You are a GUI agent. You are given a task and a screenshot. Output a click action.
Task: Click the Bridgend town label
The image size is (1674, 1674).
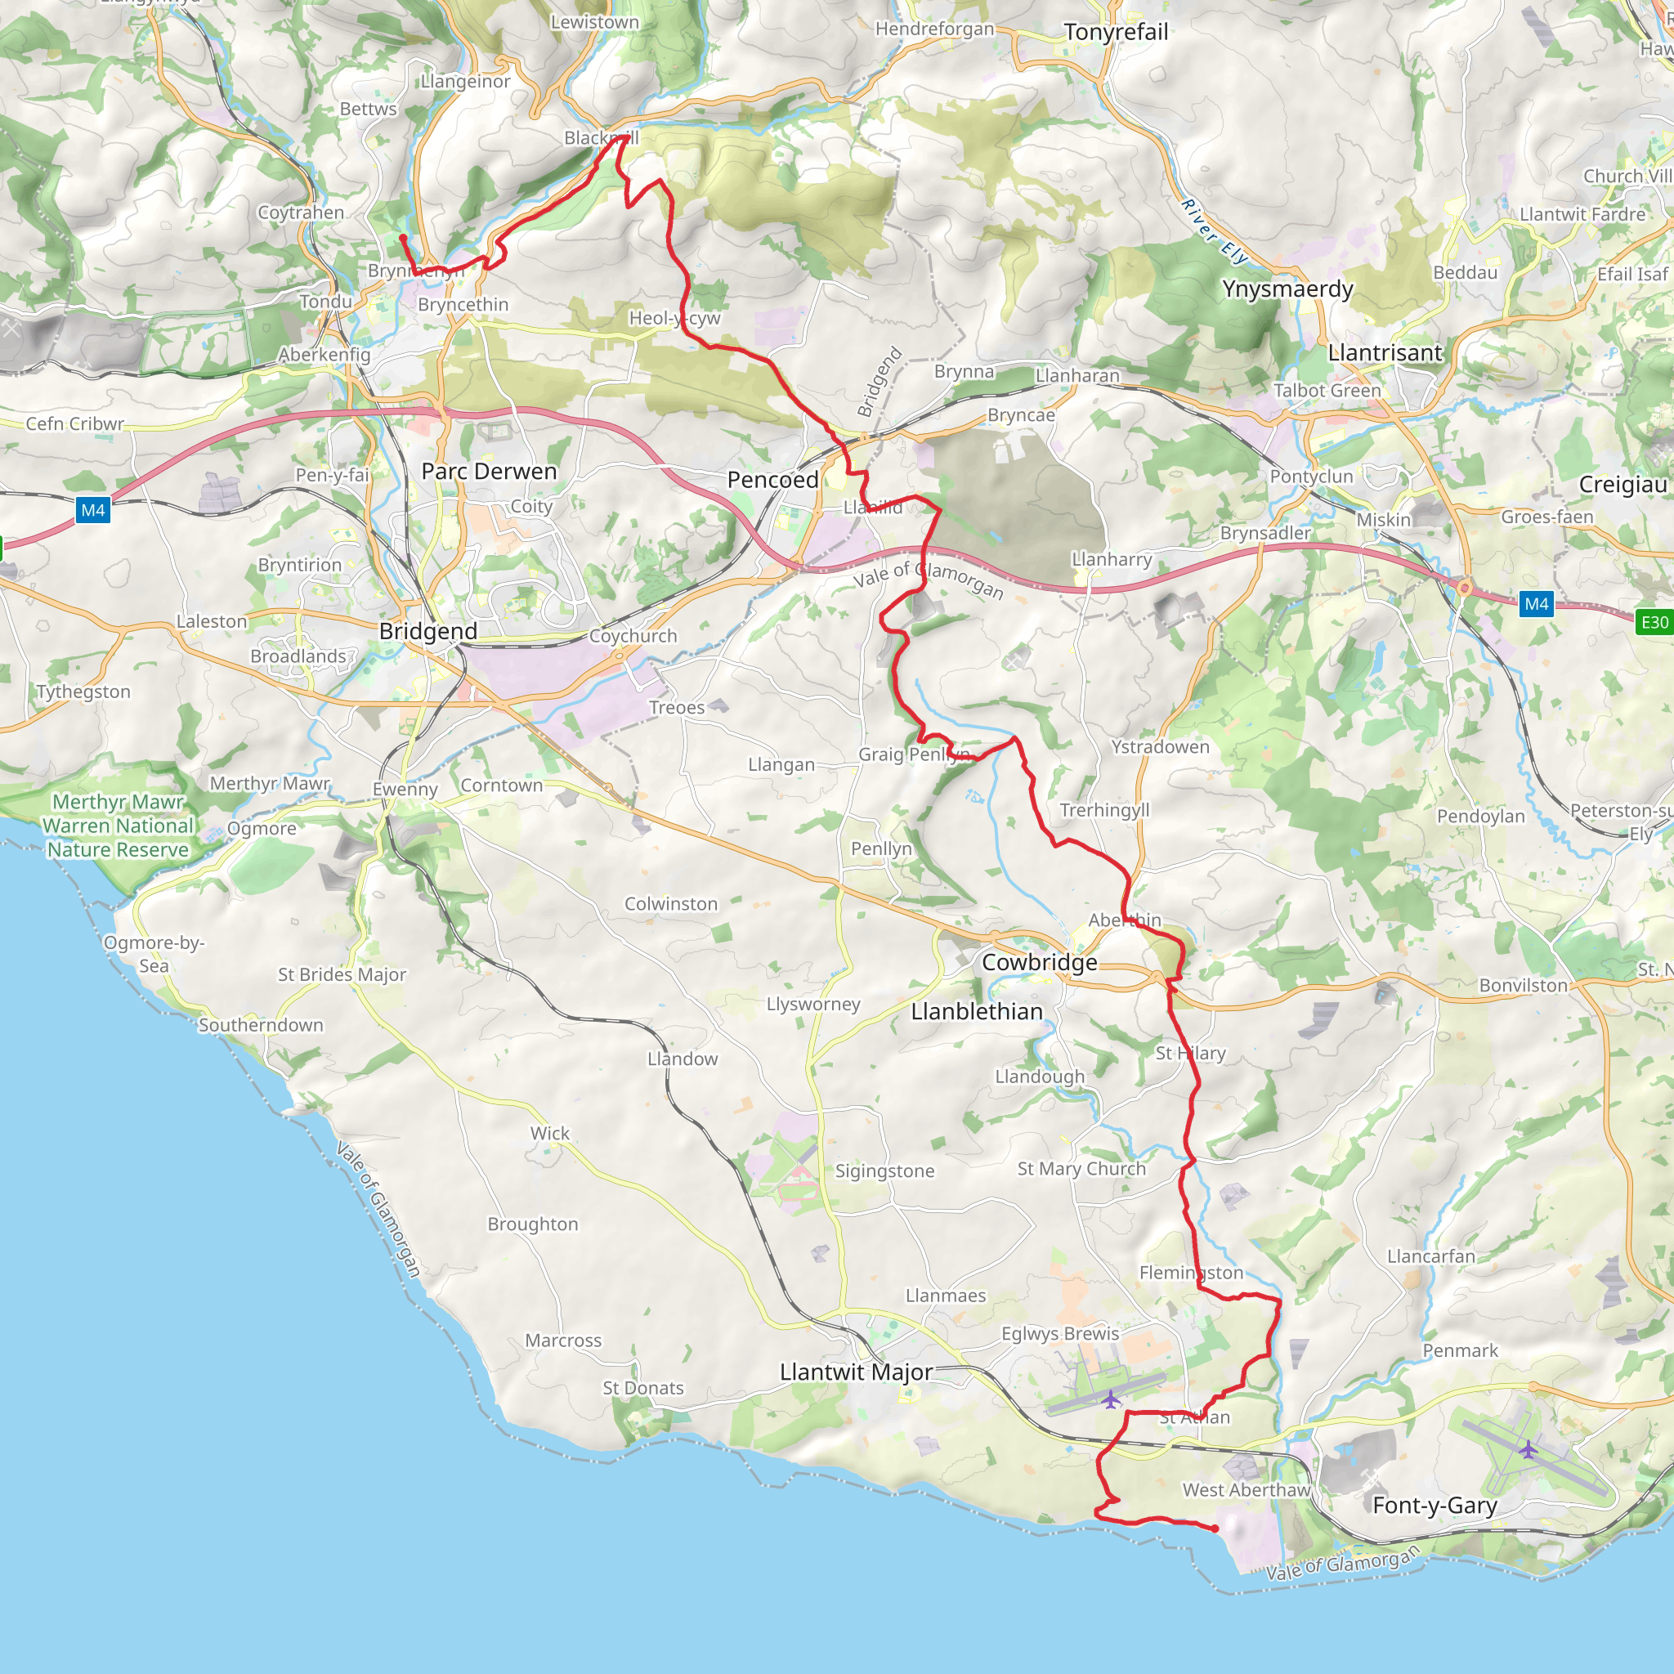coord(428,631)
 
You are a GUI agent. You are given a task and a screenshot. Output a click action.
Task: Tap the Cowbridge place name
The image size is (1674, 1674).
coord(1039,963)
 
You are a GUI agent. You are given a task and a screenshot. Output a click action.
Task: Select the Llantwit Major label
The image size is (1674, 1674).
coord(856,1372)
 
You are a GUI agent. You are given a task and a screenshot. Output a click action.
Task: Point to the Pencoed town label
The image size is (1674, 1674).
coord(772,480)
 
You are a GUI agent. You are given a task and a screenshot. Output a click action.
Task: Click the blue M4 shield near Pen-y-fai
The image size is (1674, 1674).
coord(92,510)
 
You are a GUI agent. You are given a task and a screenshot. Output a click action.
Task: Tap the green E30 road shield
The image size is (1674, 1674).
coord(1654,622)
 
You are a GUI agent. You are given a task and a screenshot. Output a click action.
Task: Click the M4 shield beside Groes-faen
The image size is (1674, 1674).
coord(1536,604)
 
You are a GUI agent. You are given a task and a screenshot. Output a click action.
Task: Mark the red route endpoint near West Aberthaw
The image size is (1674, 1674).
coord(1215,1529)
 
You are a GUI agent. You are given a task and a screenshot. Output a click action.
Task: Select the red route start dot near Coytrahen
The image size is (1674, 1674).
coord(403,237)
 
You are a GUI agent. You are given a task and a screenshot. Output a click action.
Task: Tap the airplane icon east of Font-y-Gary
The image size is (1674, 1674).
coord(1528,1448)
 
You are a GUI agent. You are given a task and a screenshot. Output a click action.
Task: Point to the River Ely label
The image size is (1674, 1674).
coord(1214,231)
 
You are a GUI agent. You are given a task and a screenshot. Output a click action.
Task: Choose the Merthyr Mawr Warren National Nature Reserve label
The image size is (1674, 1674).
coord(118,826)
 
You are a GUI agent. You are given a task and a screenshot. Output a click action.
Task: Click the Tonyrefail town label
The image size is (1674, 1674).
coord(1115,32)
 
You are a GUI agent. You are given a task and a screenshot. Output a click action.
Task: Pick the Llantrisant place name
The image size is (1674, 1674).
coord(1385,352)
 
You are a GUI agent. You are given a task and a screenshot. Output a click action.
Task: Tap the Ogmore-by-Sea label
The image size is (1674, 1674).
coord(154,954)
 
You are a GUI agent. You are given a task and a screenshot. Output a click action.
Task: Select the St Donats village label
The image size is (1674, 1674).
coord(643,1388)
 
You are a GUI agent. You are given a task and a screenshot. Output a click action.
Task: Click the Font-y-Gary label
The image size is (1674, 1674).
coord(1434,1506)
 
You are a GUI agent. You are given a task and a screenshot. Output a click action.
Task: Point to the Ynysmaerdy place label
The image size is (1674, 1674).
coord(1287,289)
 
